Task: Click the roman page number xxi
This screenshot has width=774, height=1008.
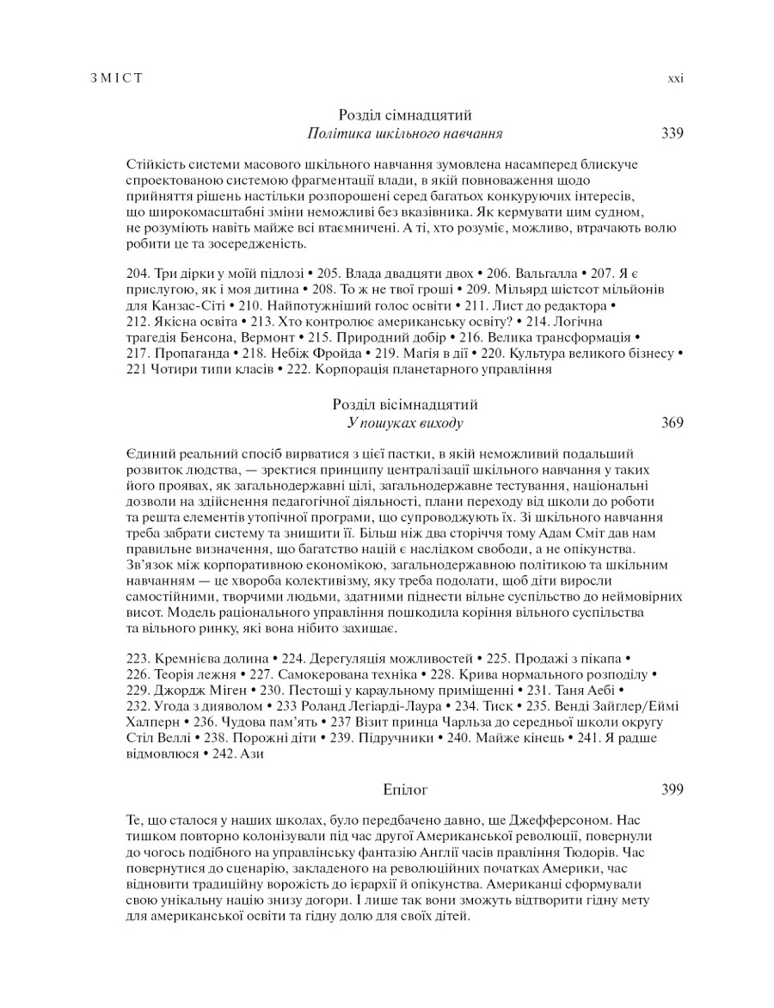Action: coord(676,78)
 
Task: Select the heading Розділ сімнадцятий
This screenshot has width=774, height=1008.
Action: coord(405,114)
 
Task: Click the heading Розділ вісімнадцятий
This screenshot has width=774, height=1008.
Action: coord(405,404)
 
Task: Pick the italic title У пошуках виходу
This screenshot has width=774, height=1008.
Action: coord(405,423)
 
